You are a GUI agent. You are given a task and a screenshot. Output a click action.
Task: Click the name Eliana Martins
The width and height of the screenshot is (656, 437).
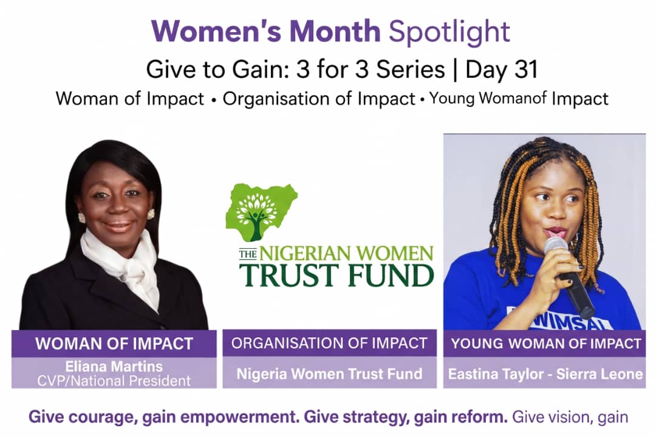(114, 367)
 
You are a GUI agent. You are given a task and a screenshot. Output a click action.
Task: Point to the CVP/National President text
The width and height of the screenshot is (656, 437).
(114, 381)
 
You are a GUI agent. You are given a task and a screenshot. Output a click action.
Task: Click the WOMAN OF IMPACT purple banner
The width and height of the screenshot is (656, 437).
(114, 344)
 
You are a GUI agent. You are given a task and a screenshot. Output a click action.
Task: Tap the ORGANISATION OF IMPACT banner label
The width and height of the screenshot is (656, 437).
(329, 344)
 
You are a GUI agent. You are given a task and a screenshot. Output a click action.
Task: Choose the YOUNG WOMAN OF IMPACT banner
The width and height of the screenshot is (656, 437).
(545, 344)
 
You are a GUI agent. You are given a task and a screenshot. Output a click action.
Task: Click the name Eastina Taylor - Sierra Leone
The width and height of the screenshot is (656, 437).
(545, 373)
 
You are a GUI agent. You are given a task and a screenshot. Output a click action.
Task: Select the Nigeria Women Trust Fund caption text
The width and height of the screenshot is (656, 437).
(329, 373)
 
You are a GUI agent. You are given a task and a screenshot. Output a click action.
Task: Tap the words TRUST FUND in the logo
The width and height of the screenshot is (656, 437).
(337, 275)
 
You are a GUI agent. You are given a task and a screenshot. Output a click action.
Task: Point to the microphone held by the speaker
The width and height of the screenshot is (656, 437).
(569, 276)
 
